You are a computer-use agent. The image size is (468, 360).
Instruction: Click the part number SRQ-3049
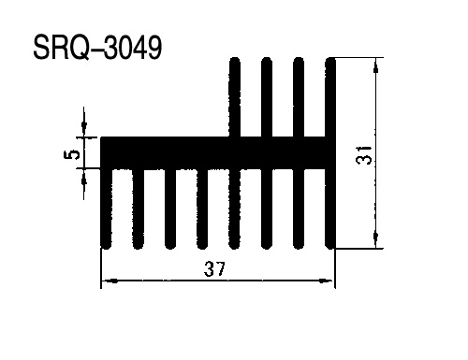[97, 47]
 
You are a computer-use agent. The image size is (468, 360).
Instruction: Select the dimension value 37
[214, 269]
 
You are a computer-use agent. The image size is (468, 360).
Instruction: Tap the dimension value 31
[364, 155]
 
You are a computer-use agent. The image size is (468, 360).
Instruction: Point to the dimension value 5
[71, 154]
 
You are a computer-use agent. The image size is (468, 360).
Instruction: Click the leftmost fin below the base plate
[106, 209]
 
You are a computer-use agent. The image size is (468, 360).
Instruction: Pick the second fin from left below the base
[139, 209]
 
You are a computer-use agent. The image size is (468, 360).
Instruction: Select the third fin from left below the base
[170, 209]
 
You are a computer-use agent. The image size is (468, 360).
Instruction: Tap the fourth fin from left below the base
[202, 209]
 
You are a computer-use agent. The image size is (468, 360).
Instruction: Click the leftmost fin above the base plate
[235, 97]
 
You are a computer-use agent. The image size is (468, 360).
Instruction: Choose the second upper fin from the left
[267, 97]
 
